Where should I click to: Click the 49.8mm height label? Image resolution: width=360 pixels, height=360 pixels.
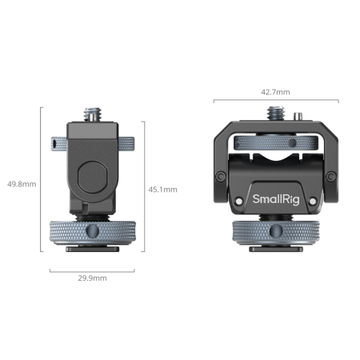point(18,183)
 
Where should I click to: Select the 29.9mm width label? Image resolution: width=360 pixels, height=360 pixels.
point(92,279)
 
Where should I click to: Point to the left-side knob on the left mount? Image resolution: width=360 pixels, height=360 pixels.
point(57,145)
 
